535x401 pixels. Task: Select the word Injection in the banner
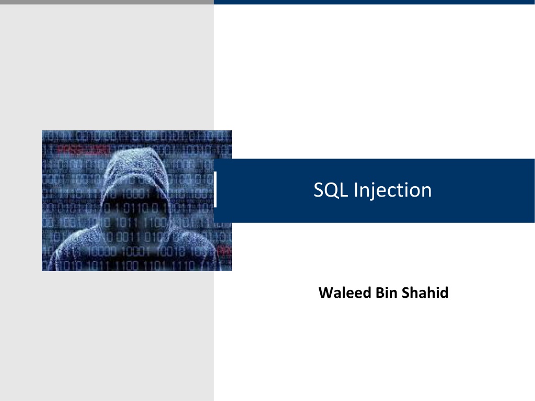pos(393,190)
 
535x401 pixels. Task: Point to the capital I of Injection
pos(355,190)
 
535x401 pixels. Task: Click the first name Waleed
pos(345,293)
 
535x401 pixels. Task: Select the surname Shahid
pos(425,293)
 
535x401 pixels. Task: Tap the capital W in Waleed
pos(326,293)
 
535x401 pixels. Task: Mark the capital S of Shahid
pos(405,293)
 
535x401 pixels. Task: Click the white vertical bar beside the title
pos(215,189)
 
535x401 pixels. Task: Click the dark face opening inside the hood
pos(135,204)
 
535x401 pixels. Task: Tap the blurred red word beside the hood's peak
pos(83,150)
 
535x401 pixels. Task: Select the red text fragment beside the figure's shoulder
pos(225,250)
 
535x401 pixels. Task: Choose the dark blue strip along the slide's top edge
pos(374,2)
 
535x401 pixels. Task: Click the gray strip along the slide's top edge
pos(107,2)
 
